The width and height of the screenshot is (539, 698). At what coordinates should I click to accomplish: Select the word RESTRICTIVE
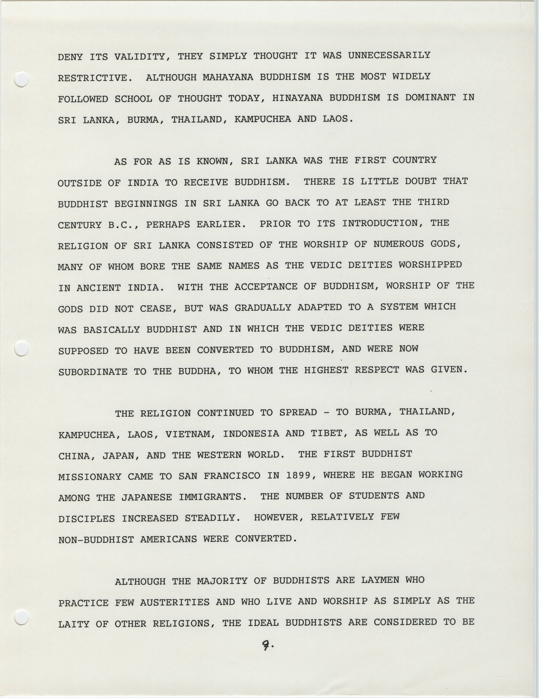point(95,78)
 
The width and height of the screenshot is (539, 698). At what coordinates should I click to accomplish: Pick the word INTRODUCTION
point(380,223)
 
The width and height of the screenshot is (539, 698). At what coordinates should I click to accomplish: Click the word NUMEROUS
point(392,244)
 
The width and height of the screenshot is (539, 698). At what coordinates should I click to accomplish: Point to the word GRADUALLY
point(263,308)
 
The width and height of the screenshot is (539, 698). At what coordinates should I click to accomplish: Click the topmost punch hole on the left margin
point(22,79)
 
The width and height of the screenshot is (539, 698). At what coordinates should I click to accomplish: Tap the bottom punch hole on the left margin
point(22,617)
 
